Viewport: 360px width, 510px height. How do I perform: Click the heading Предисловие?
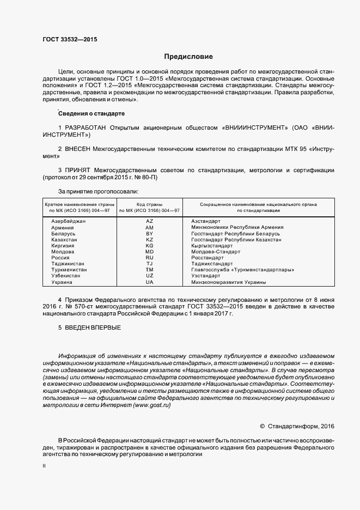pos(188,57)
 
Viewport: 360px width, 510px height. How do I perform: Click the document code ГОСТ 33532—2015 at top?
pos(69,39)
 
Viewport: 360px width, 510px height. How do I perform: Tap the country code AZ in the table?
pos(150,221)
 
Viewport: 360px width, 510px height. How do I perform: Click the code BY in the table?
pos(150,233)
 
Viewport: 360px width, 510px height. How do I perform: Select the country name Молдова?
pos(63,252)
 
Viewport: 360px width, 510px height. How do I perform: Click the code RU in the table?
pos(150,258)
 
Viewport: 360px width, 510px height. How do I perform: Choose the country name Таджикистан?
pos(68,264)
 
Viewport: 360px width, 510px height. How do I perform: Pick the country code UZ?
pos(150,276)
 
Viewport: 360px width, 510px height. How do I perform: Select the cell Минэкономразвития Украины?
pos(228,282)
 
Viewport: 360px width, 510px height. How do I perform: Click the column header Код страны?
pos(149,204)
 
